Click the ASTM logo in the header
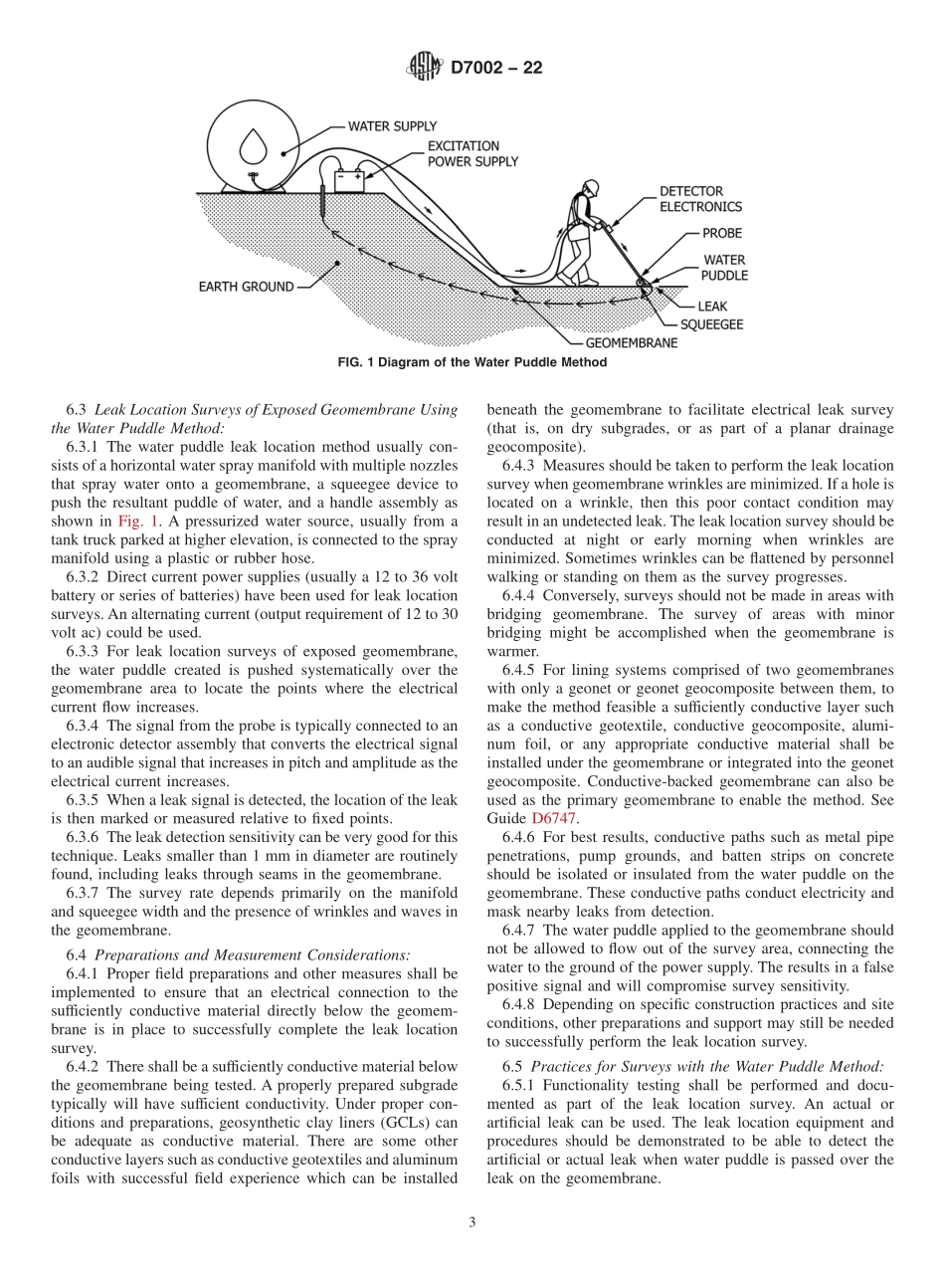click(425, 68)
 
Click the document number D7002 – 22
click(496, 68)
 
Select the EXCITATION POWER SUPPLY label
click(472, 153)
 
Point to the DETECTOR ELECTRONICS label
click(700, 199)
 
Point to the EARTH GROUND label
click(246, 287)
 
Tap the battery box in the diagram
click(349, 180)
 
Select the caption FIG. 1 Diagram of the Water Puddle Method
click(472, 363)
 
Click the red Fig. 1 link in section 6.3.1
click(133, 521)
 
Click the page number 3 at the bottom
click(472, 1222)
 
